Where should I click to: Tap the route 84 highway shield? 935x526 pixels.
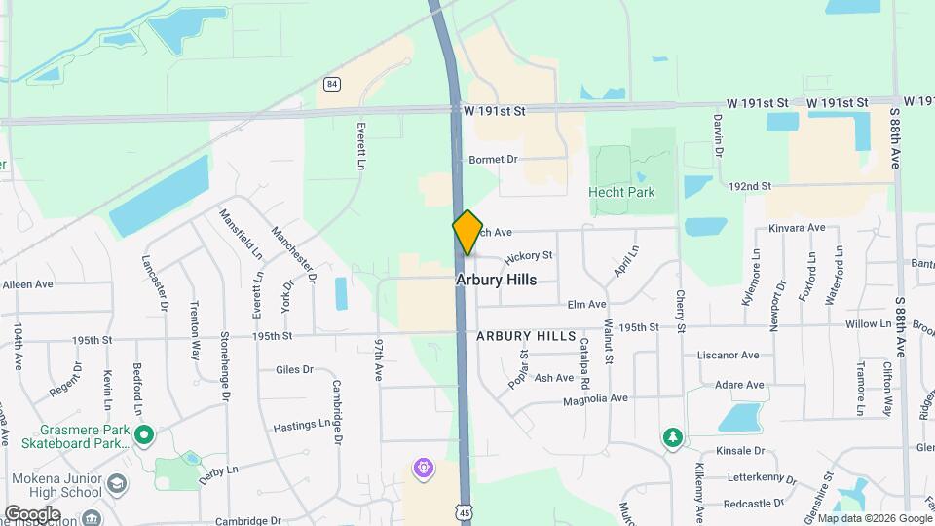pos(333,85)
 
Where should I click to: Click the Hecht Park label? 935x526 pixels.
pos(621,192)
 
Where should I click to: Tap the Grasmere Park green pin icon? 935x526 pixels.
pos(144,434)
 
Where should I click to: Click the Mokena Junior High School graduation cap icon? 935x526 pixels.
pos(117,484)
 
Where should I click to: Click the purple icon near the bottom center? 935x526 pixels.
pos(423,470)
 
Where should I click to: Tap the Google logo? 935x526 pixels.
pos(33,513)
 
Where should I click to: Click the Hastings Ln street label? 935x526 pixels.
pos(302,425)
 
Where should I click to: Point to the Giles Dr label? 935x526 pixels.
pos(294,369)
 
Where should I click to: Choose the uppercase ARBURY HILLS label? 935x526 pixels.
pos(527,335)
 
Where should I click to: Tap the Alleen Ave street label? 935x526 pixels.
pos(28,284)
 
